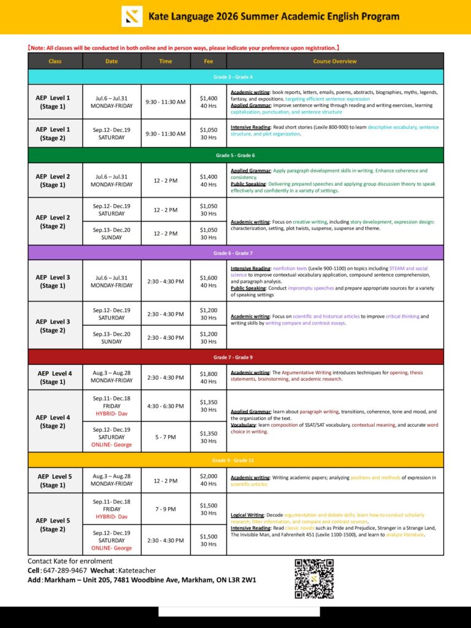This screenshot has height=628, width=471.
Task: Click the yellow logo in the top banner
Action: [x=132, y=17]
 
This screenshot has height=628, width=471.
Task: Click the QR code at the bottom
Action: [x=314, y=578]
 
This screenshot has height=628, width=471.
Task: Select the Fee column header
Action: [x=208, y=61]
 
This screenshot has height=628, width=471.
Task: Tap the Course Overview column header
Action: [x=334, y=61]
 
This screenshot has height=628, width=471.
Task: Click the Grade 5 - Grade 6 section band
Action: [x=235, y=155]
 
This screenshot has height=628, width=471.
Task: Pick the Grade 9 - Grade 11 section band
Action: [x=235, y=460]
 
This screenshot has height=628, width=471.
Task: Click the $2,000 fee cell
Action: [x=208, y=481]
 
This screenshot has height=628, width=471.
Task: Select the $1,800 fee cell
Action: [x=208, y=377]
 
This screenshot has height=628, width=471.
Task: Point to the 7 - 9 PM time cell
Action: [x=166, y=509]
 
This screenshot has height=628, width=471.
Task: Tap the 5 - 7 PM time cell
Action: [x=166, y=437]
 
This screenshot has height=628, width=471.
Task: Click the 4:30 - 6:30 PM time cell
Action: [x=166, y=406]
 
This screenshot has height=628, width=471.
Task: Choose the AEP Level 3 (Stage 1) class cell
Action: [x=55, y=281]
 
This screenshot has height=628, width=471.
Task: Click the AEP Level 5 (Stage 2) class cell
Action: [x=55, y=524]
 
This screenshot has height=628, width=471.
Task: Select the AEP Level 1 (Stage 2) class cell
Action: [x=55, y=133]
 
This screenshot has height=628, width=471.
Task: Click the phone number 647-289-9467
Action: [x=65, y=570]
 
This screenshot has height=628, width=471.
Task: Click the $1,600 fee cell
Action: [x=208, y=281]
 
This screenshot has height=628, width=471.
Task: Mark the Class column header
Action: [x=55, y=61]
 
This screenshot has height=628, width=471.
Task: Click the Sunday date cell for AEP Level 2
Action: [x=112, y=233]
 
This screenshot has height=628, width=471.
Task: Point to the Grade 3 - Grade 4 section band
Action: [x=235, y=77]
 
